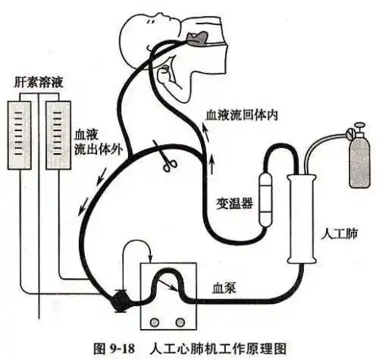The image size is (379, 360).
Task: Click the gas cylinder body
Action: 360,162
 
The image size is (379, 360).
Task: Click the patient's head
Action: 148,38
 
